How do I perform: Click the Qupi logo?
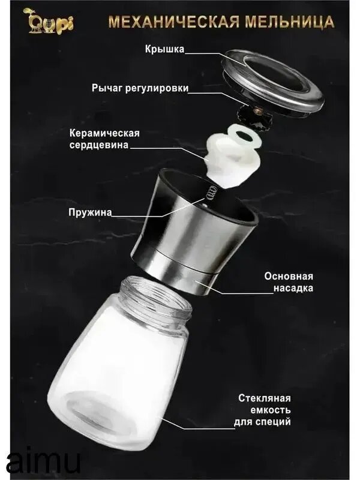click(x=49, y=21)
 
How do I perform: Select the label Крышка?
click(x=164, y=49)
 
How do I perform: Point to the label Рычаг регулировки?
click(x=140, y=88)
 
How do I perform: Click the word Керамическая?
click(x=104, y=133)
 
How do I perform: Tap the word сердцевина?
click(x=99, y=145)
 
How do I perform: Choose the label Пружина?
click(x=90, y=212)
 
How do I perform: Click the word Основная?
click(x=289, y=276)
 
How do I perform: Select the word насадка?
click(x=293, y=288)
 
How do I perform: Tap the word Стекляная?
click(x=265, y=398)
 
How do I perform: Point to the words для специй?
click(x=262, y=422)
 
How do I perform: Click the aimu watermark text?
click(x=43, y=461)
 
